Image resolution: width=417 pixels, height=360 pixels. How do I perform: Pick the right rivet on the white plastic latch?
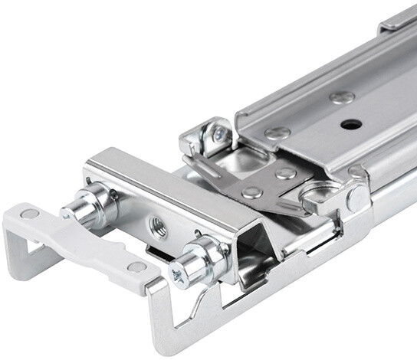click(137, 267)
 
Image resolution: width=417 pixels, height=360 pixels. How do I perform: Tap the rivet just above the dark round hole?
click(341, 97)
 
